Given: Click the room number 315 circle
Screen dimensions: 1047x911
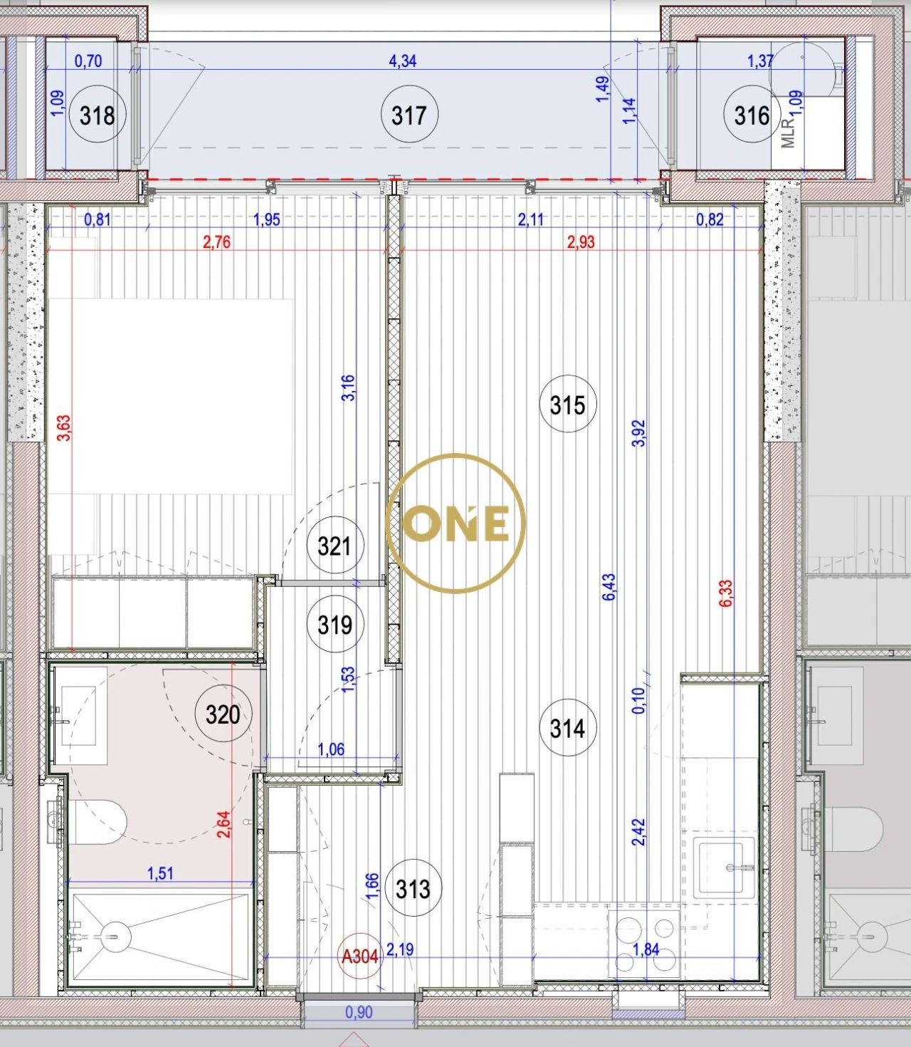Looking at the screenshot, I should click(x=567, y=405).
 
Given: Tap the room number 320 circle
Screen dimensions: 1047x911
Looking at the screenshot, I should click(x=223, y=714).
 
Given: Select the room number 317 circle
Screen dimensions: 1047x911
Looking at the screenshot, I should click(x=409, y=115).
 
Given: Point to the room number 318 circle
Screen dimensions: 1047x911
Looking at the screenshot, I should click(x=98, y=115).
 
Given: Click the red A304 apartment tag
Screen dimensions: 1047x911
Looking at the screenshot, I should click(x=360, y=956).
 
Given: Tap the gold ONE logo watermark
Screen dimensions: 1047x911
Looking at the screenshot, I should click(x=455, y=523).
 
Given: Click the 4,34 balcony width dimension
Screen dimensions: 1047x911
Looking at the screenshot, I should click(x=402, y=61).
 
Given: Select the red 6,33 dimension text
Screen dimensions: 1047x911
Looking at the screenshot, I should click(x=725, y=593).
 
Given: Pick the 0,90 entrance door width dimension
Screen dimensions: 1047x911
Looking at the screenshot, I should click(x=359, y=1012).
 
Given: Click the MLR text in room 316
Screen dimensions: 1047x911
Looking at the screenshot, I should click(x=787, y=133).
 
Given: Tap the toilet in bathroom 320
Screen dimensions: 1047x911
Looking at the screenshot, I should click(x=96, y=821).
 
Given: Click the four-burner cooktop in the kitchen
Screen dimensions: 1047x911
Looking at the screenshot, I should click(x=645, y=944).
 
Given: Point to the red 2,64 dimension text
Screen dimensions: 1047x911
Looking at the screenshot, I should click(x=223, y=824).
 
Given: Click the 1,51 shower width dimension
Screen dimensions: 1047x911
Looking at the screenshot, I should click(x=160, y=873).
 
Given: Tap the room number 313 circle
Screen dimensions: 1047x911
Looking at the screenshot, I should click(x=413, y=889).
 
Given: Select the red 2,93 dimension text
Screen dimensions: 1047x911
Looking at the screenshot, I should click(x=581, y=242).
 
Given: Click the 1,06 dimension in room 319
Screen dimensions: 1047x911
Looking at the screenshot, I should click(x=331, y=749).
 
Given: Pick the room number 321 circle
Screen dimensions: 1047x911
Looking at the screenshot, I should click(x=335, y=546).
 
